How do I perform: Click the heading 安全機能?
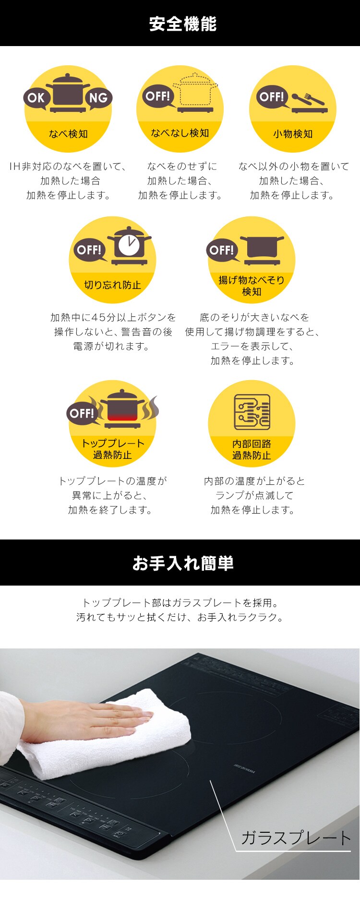tap(183, 24)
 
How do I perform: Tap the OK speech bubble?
tap(36, 98)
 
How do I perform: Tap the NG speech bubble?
tap(98, 98)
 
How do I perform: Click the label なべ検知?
tap(68, 134)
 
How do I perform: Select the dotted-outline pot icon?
tap(194, 91)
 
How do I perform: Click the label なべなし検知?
tap(180, 133)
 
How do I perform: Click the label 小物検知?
tap(293, 134)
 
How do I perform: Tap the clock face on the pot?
tap(129, 245)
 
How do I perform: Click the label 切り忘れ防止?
tap(112, 285)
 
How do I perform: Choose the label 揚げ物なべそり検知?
tap(252, 286)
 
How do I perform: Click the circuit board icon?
tap(252, 412)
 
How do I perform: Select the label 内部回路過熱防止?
tap(252, 449)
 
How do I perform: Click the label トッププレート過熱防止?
tap(112, 449)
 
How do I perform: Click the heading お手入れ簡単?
tap(183, 563)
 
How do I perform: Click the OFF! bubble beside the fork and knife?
tap(272, 97)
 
